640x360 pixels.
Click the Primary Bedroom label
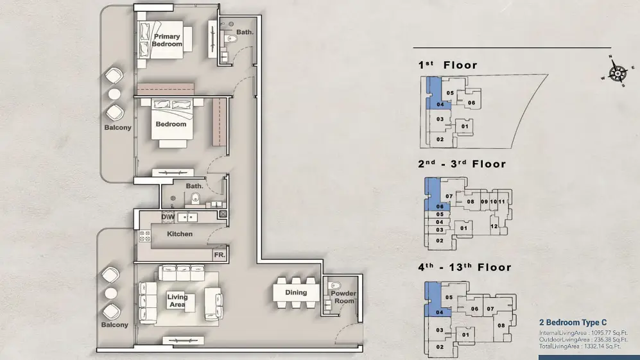click(167, 40)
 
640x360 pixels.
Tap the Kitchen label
click(180, 234)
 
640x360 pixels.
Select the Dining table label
click(296, 292)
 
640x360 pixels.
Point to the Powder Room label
click(343, 297)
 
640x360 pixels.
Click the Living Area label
click(178, 300)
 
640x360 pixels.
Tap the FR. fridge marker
click(219, 255)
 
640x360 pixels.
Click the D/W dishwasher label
click(168, 217)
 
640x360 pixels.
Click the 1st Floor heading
click(448, 65)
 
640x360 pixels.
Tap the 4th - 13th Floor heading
click(465, 268)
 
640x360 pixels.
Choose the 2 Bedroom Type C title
click(573, 322)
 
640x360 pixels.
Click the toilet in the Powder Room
click(336, 286)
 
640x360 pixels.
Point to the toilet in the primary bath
click(231, 39)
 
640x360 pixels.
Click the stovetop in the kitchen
click(145, 236)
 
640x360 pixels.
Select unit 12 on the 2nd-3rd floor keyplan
click(494, 226)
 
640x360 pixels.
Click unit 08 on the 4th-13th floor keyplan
click(501, 325)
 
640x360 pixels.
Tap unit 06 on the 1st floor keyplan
click(471, 103)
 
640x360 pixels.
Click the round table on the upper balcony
click(114, 94)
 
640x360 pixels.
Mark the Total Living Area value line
click(580, 347)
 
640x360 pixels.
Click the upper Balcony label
click(117, 127)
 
